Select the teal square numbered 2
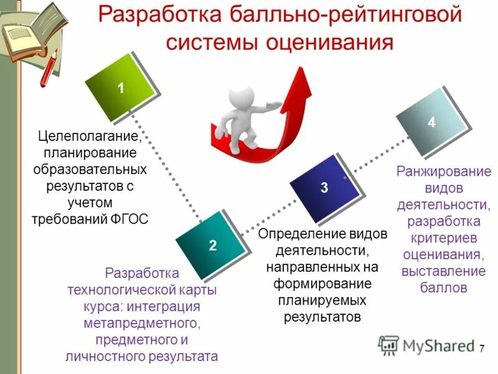212,244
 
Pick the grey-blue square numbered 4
431,122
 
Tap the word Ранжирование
444,172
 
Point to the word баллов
443,289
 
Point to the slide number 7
481,349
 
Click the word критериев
443,238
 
